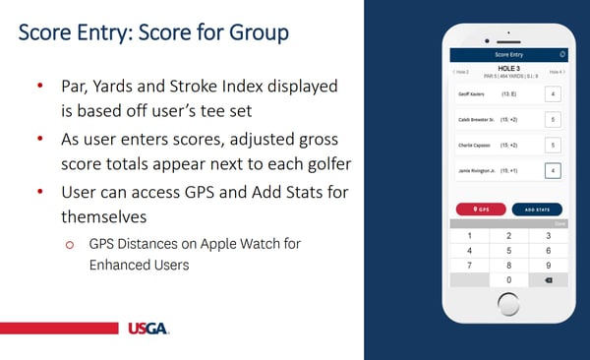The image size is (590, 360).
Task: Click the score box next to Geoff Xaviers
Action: [553, 94]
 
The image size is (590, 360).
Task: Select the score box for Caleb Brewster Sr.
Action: [553, 120]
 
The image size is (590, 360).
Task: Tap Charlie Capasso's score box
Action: [553, 145]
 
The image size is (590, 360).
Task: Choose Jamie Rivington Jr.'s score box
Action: [553, 170]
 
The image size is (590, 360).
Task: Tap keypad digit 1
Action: [469, 236]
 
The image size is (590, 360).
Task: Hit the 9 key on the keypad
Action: [548, 266]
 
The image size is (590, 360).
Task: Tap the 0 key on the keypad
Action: [508, 280]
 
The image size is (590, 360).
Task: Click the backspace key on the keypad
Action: [548, 280]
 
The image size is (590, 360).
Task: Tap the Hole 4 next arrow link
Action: [557, 72]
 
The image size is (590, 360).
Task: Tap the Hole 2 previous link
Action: [460, 72]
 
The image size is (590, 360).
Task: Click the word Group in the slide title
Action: [250, 31]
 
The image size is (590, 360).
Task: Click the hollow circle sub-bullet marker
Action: [70, 244]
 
